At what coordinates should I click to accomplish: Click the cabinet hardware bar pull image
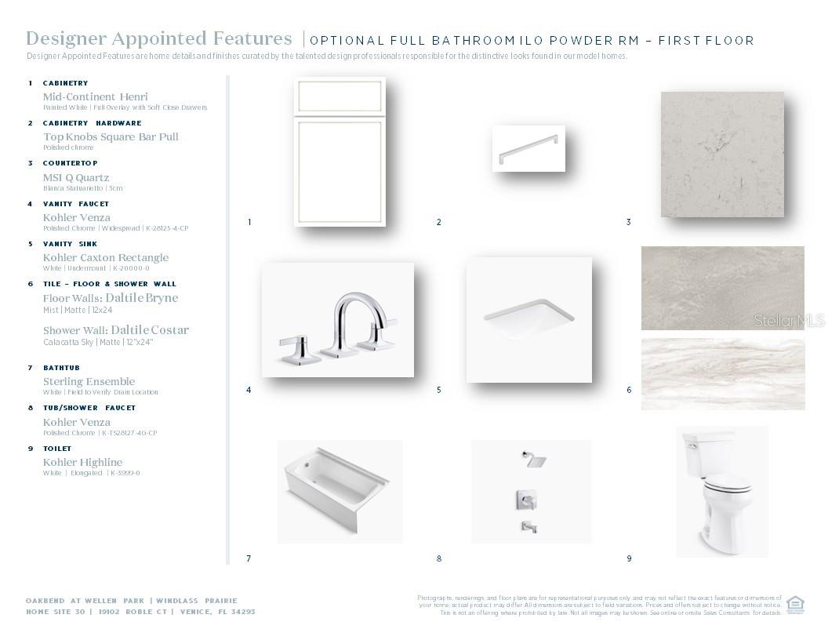[529, 148]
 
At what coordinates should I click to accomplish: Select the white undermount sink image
[528, 319]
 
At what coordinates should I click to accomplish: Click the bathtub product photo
[339, 491]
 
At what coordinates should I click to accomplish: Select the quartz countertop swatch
[722, 154]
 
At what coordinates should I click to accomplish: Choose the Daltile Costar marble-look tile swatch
[722, 374]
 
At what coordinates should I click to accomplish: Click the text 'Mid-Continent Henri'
[95, 96]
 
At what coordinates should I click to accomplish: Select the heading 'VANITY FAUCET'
[76, 204]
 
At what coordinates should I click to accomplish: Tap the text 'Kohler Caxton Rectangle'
[106, 257]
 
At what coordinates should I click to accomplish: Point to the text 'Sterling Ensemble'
[89, 381]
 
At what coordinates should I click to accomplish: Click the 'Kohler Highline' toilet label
[82, 462]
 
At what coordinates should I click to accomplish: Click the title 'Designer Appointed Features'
[159, 38]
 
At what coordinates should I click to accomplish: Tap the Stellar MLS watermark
[789, 321]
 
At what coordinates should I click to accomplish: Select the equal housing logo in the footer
[795, 603]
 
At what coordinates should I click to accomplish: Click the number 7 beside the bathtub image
[249, 558]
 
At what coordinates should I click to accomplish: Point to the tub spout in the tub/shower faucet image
[529, 527]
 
